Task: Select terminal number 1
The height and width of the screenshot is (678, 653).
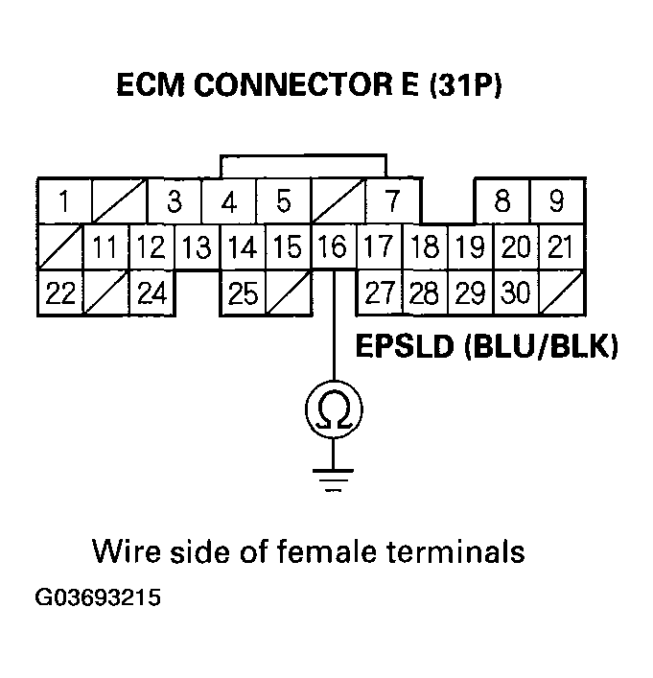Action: (x=62, y=202)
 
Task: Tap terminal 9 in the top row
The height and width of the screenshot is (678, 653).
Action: (x=557, y=202)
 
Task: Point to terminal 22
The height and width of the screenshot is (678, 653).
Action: (x=59, y=292)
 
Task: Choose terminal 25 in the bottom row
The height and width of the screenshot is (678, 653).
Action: (x=243, y=292)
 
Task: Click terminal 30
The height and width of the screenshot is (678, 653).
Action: (x=516, y=292)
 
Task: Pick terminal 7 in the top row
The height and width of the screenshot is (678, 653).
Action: (x=392, y=202)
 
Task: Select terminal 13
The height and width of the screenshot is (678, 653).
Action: (x=197, y=247)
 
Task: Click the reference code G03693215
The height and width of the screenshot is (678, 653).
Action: (x=98, y=599)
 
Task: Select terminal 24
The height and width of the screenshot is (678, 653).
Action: (x=151, y=292)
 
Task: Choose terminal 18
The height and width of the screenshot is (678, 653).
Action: (x=425, y=247)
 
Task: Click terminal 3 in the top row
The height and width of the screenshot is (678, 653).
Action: (x=175, y=202)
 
